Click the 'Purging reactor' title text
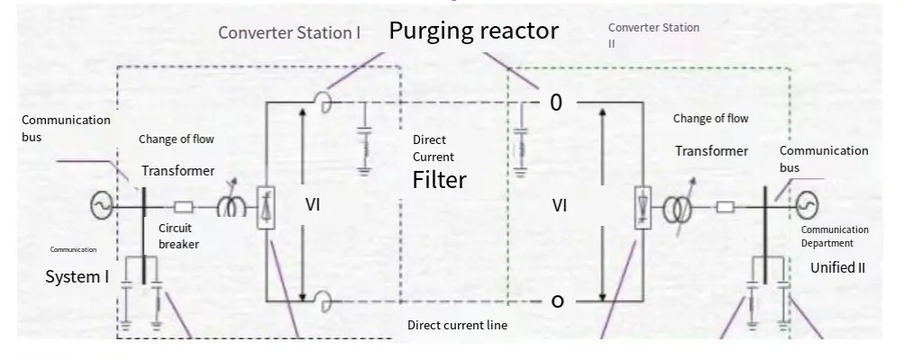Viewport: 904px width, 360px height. click(473, 31)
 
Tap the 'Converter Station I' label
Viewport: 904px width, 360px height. click(291, 33)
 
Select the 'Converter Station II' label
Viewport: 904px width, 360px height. click(653, 35)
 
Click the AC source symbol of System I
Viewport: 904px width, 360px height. click(99, 207)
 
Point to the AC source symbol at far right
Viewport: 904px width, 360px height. click(803, 206)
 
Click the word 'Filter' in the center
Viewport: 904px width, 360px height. click(439, 180)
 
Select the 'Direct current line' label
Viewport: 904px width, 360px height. click(458, 325)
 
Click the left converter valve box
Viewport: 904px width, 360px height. click(265, 207)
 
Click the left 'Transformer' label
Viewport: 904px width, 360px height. click(178, 171)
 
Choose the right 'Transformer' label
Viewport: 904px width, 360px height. click(712, 151)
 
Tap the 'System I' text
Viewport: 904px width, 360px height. click(77, 277)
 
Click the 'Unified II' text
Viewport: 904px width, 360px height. click(837, 267)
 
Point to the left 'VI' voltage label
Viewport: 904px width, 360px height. click(313, 205)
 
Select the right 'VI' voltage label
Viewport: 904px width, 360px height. click(559, 206)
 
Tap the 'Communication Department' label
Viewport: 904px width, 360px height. click(835, 236)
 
